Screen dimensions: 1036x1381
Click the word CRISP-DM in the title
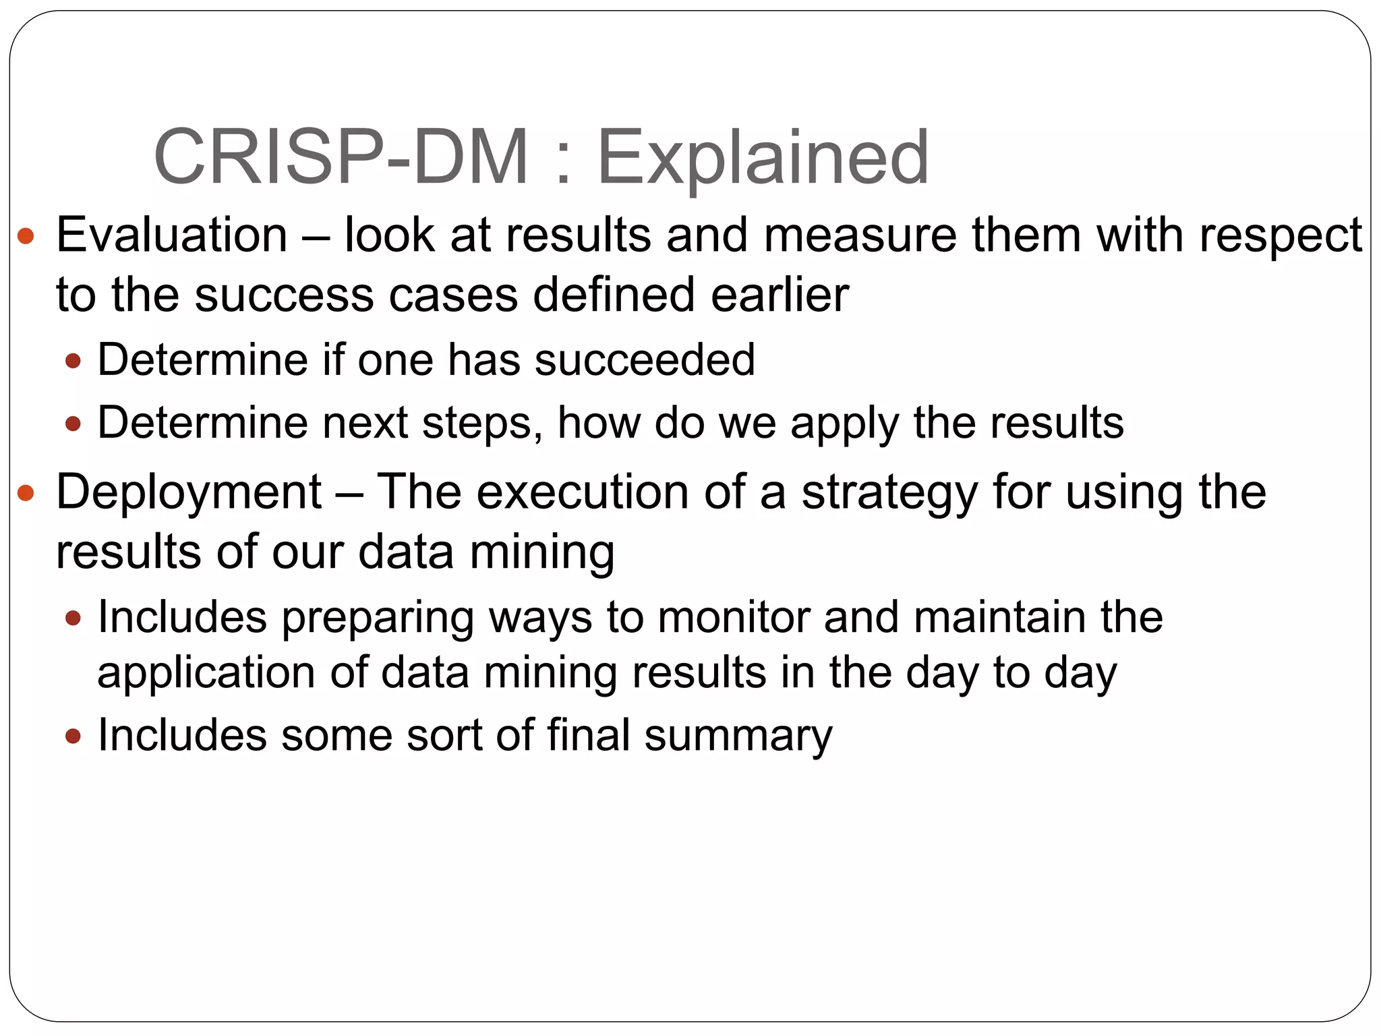click(x=341, y=157)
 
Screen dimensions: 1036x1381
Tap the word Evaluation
click(x=172, y=235)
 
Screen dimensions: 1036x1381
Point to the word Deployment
click(x=189, y=492)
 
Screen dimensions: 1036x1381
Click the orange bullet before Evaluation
click(x=26, y=236)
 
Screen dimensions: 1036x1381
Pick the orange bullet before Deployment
click(x=26, y=492)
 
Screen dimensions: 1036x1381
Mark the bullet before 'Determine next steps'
click(x=73, y=424)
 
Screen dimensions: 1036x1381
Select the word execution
click(x=583, y=492)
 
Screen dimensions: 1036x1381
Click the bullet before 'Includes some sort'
click(x=73, y=736)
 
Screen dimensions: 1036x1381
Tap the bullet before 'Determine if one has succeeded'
click(x=73, y=361)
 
